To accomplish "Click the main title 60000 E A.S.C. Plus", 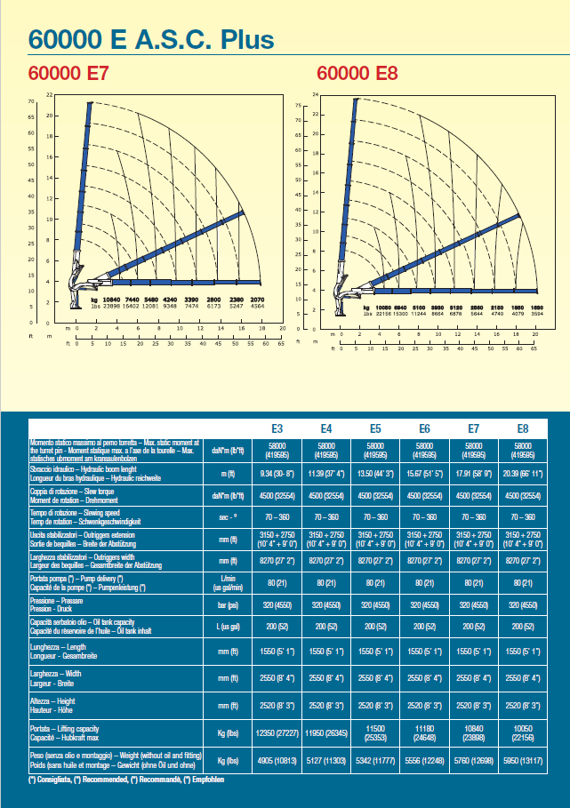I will tap(150, 39).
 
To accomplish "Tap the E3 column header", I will tap(277, 428).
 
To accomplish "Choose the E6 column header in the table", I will tap(424, 428).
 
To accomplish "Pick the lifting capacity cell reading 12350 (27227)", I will tap(277, 732).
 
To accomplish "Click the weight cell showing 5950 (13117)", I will tap(523, 761).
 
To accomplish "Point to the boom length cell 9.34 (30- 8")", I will tap(277, 475).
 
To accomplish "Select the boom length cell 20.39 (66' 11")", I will tap(523, 475).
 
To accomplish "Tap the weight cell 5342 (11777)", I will tap(375, 761).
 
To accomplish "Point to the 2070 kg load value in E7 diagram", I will tap(257, 300).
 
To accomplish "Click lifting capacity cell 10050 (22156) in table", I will tap(523, 732).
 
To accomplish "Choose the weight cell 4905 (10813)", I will tap(277, 761).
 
